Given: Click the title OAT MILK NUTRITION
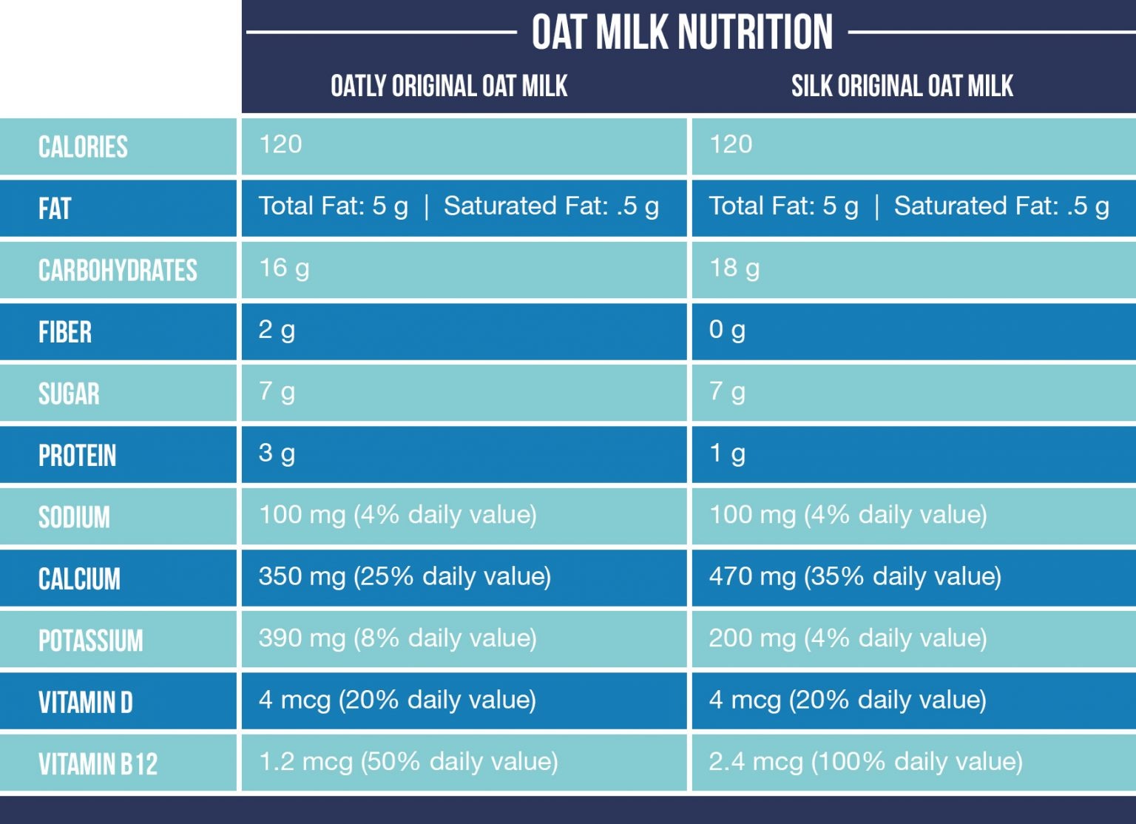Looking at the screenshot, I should pyautogui.click(x=682, y=33).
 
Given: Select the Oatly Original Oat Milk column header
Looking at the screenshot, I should pyautogui.click(x=449, y=87).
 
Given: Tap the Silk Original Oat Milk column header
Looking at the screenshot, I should pyautogui.click(x=902, y=87).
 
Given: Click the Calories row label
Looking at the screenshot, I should pyautogui.click(x=83, y=147).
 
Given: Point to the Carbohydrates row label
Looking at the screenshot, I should pyautogui.click(x=118, y=271).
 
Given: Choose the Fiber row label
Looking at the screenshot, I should pyautogui.click(x=65, y=332).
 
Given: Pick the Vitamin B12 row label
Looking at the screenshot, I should pyautogui.click(x=98, y=764).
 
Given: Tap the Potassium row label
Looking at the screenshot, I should pyautogui.click(x=90, y=641).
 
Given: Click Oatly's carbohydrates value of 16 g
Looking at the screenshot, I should pyautogui.click(x=284, y=269).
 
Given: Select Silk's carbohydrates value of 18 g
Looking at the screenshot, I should pyautogui.click(x=734, y=269).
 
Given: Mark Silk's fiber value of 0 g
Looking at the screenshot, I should pyautogui.click(x=727, y=330).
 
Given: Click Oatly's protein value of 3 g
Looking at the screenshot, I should pyautogui.click(x=277, y=453).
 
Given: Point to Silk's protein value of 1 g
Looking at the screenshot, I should pyautogui.click(x=727, y=453).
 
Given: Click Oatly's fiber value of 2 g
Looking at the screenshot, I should pyautogui.click(x=277, y=330).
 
